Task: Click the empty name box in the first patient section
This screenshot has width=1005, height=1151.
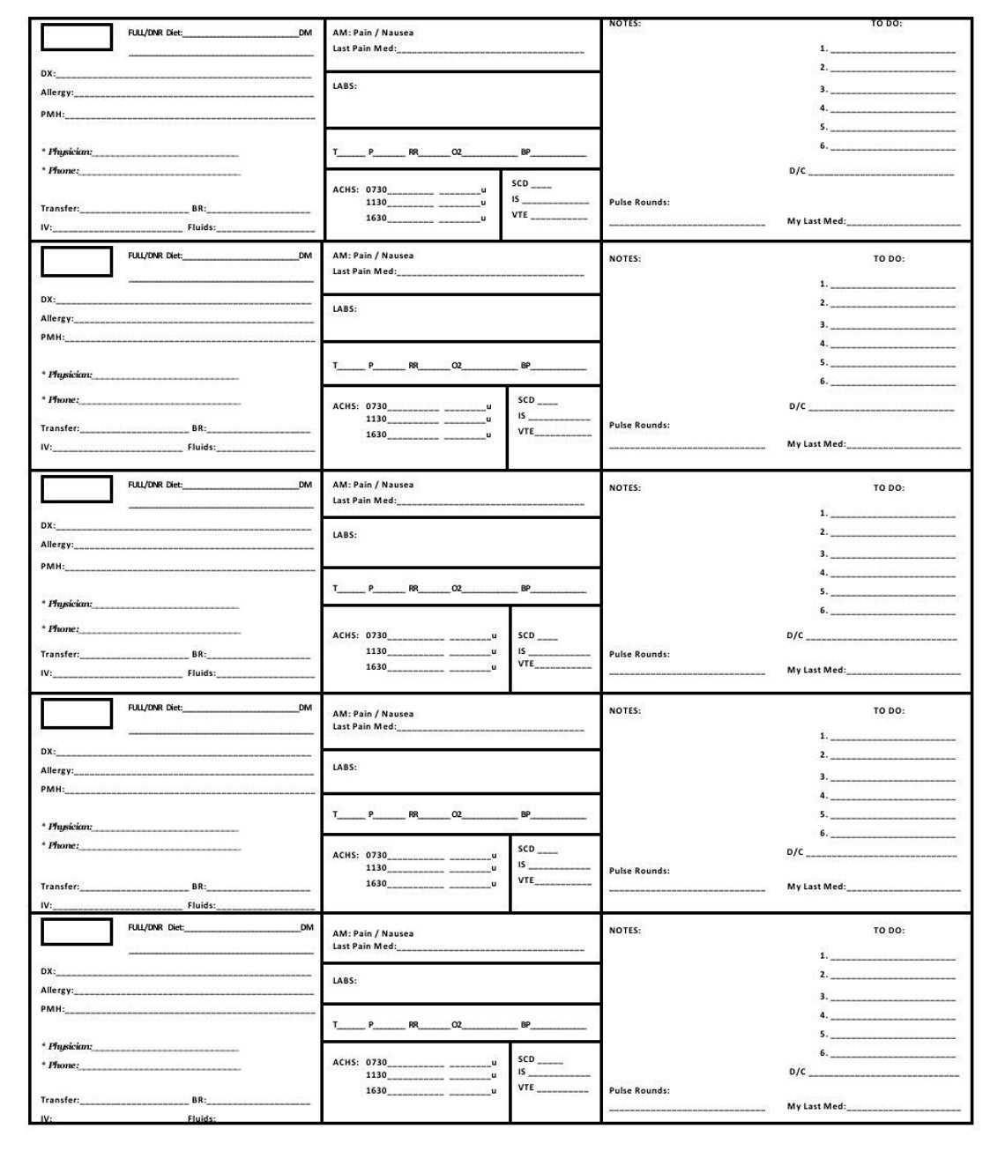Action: click(77, 37)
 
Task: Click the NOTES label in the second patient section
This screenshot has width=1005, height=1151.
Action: click(624, 259)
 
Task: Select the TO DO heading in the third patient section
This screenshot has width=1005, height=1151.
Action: click(889, 488)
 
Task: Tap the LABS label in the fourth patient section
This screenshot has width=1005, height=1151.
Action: click(344, 768)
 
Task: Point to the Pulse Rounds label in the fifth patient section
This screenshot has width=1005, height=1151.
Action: click(639, 1091)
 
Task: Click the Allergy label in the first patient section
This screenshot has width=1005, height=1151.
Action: click(57, 93)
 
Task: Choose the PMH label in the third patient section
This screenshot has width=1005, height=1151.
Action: click(52, 567)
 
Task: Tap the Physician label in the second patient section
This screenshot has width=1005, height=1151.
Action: click(69, 375)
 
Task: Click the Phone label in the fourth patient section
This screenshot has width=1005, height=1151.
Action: click(63, 846)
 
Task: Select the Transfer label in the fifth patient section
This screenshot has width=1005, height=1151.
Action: click(60, 1101)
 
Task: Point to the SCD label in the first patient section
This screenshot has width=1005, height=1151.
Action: click(520, 184)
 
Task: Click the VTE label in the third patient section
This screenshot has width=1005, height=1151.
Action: click(525, 665)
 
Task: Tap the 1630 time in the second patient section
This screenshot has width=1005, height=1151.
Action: click(376, 435)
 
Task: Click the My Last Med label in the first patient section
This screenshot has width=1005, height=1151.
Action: click(816, 222)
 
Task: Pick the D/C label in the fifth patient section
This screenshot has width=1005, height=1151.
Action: click(797, 1073)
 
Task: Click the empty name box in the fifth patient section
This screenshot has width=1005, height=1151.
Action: click(77, 932)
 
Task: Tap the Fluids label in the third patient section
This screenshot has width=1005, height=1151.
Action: click(201, 673)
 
